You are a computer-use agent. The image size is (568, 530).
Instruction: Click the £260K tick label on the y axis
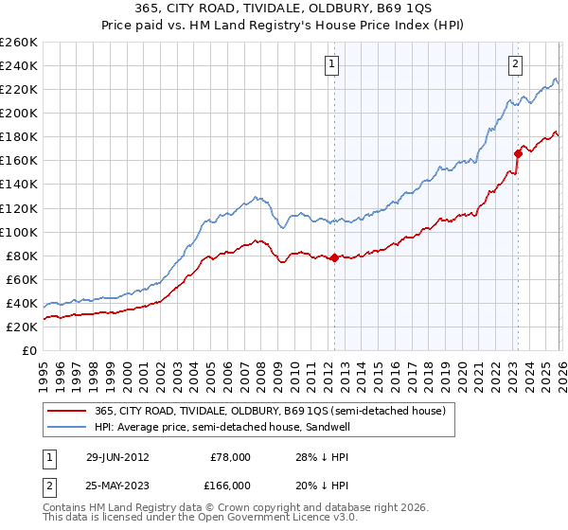point(18,43)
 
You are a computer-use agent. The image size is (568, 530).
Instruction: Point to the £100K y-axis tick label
point(18,232)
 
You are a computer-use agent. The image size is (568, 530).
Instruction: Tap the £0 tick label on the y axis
point(28,350)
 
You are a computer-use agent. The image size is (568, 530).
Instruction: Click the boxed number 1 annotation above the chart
point(333,64)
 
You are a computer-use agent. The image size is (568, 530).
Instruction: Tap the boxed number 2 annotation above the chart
point(515,64)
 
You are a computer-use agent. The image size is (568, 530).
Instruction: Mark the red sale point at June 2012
point(333,257)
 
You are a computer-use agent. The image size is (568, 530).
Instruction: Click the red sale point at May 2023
point(518,153)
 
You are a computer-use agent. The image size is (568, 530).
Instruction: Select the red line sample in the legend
point(67,411)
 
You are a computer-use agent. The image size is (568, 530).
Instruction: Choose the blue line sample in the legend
point(67,428)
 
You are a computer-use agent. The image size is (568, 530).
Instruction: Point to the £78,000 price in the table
point(230,457)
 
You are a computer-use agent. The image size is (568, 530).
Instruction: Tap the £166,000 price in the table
point(230,485)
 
